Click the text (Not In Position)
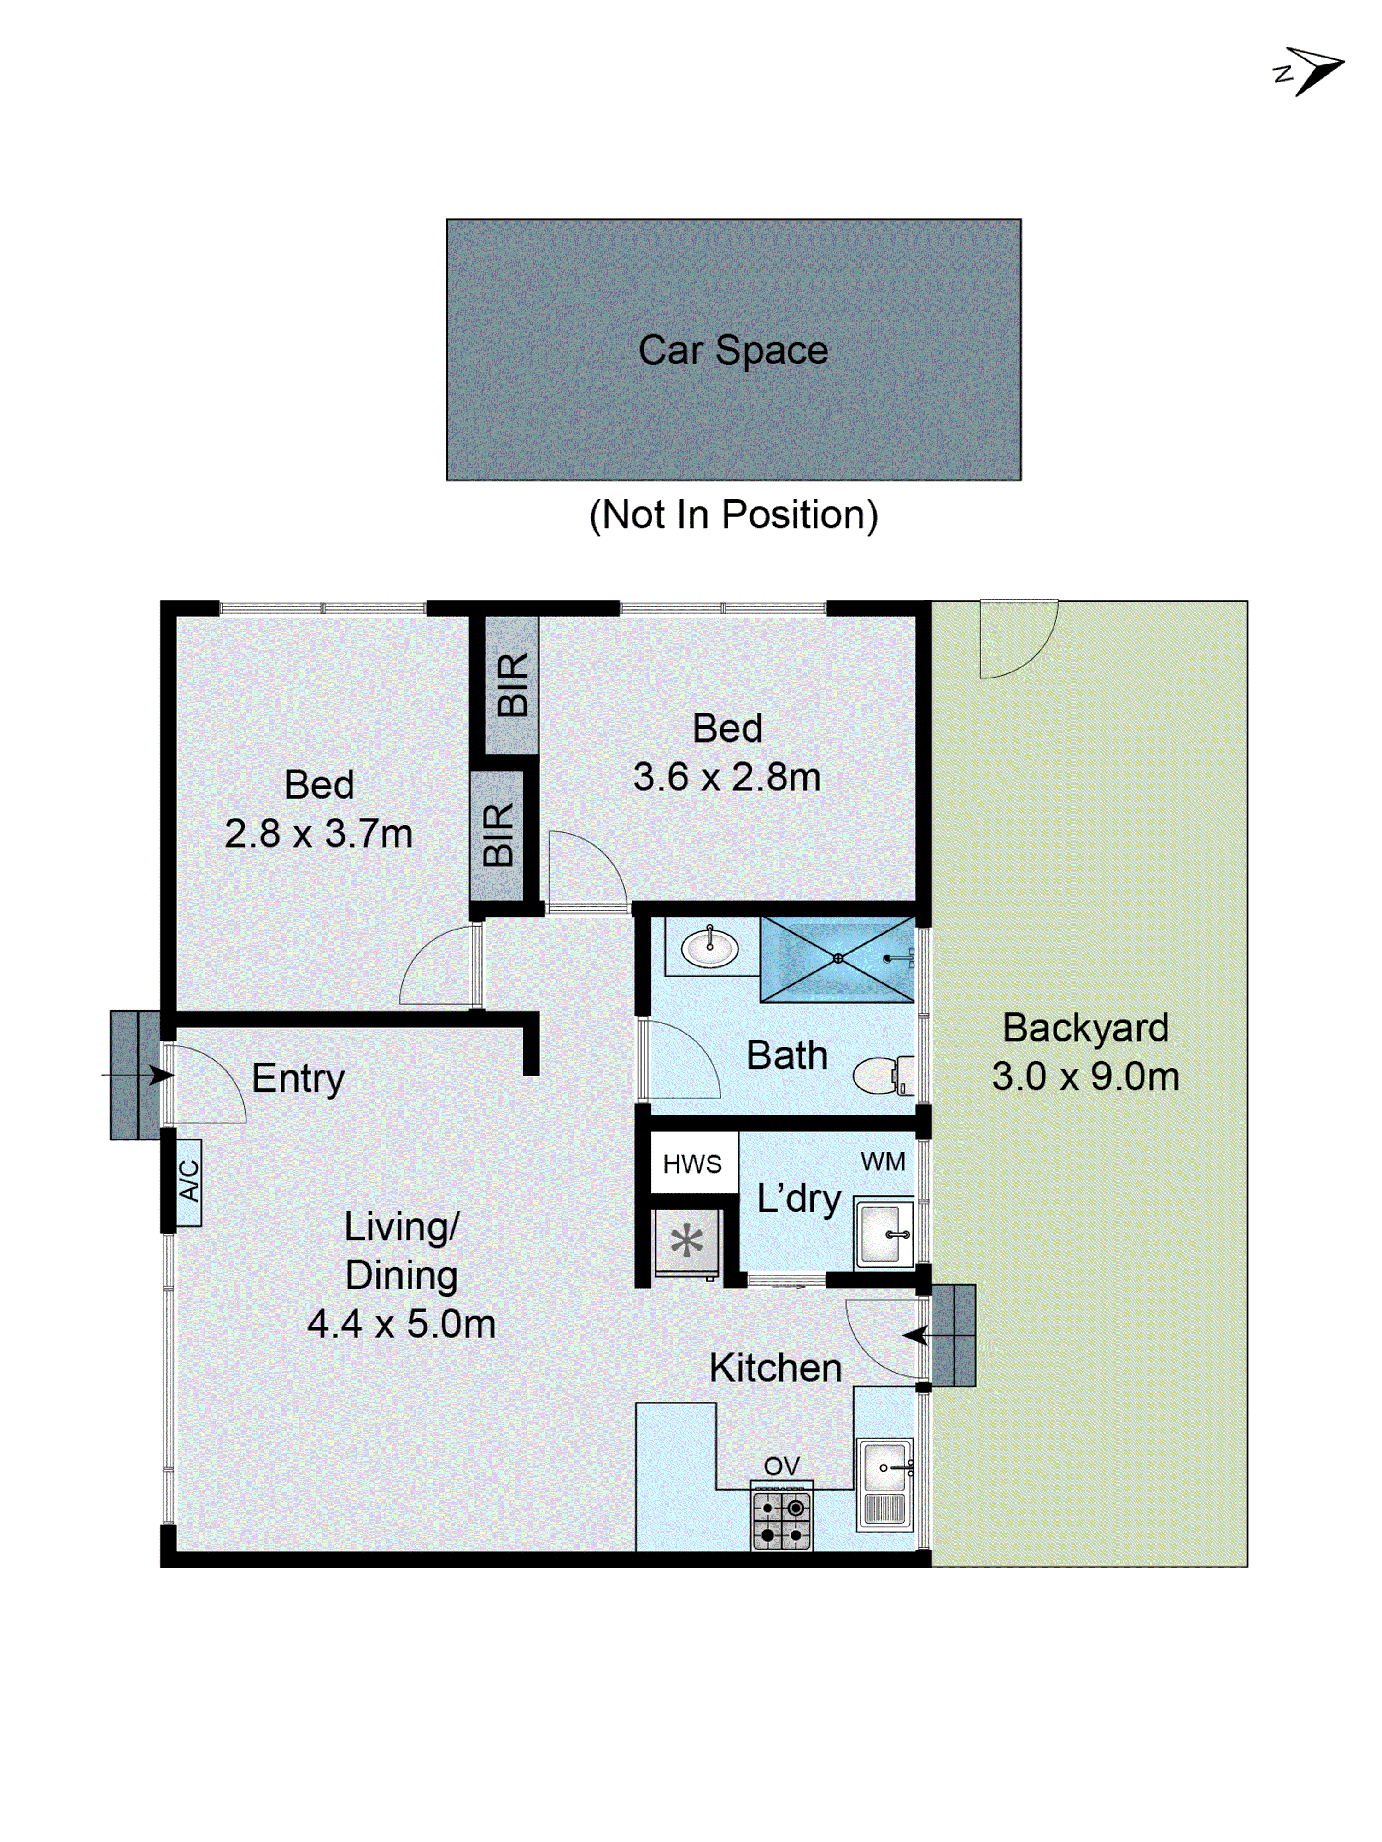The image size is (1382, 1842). (732, 515)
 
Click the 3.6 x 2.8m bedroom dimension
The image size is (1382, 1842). (726, 777)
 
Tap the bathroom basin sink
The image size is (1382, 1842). (709, 947)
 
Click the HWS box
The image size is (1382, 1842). (692, 1164)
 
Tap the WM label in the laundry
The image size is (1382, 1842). (882, 1162)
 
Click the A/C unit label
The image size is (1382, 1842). (189, 1181)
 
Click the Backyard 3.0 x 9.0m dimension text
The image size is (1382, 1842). (1084, 1077)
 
